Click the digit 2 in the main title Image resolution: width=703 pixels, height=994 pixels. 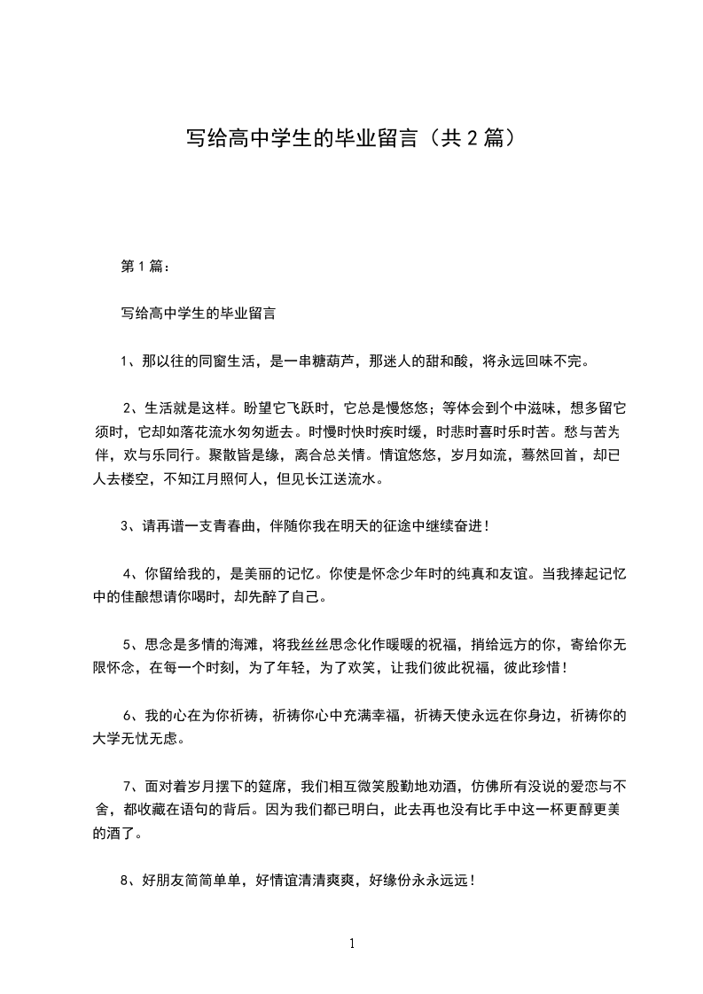pos(473,138)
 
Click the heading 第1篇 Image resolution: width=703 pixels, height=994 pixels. pos(139,266)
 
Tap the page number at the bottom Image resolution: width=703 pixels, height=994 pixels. pos(352,944)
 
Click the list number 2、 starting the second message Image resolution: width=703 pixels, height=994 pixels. pos(132,408)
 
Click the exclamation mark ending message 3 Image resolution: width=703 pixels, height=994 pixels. pos(488,527)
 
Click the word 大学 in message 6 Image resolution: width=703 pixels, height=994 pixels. pos(107,738)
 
